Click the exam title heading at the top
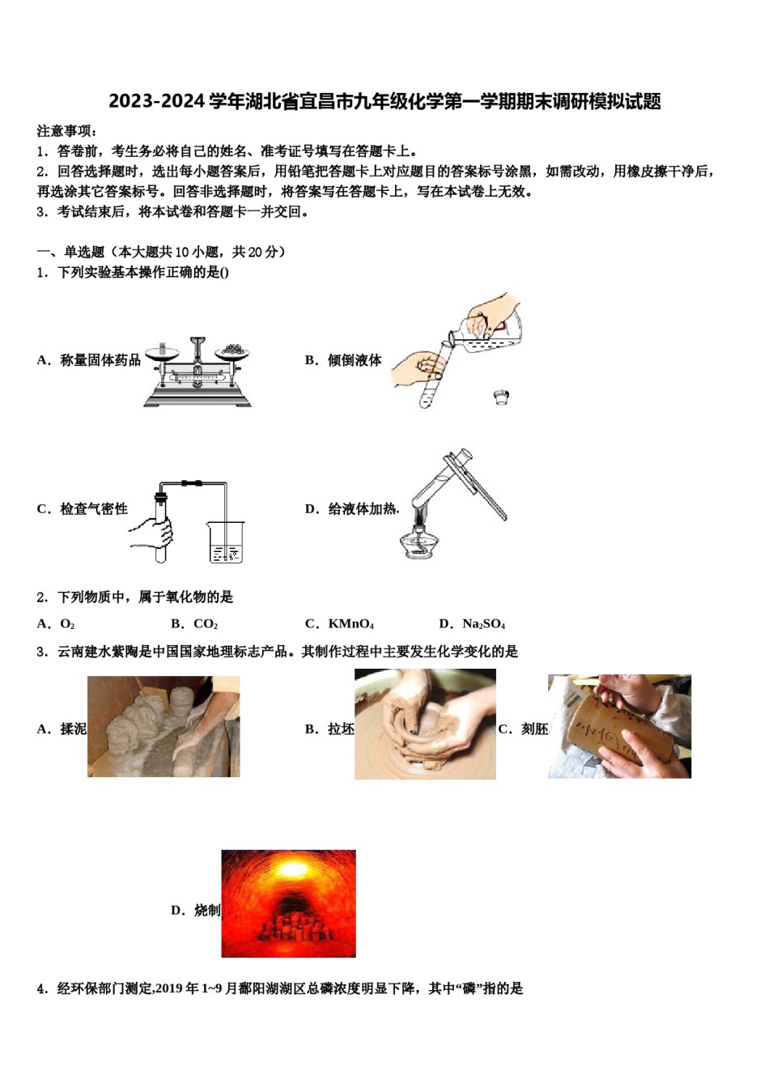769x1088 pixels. click(x=384, y=101)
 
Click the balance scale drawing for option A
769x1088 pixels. click(x=198, y=372)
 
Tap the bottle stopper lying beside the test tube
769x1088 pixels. click(x=502, y=397)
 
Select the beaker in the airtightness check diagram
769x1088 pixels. click(x=225, y=542)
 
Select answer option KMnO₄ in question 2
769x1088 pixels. click(x=340, y=624)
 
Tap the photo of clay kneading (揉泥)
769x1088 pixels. click(x=164, y=726)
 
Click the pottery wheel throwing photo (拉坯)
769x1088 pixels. click(x=425, y=725)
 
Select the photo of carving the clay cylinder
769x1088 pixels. click(x=619, y=726)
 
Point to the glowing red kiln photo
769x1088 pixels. click(x=288, y=903)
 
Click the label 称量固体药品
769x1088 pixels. click(x=100, y=360)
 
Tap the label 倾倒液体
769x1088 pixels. click(x=354, y=360)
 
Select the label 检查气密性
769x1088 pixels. click(x=93, y=509)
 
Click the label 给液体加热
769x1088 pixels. click(x=362, y=509)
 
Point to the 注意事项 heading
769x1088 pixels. click(x=67, y=131)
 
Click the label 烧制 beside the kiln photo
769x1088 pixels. click(x=206, y=911)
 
